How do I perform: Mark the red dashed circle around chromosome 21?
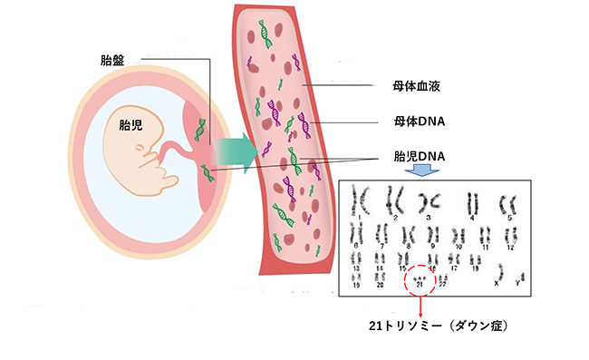click(420, 280)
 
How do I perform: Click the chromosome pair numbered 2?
click(394, 199)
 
